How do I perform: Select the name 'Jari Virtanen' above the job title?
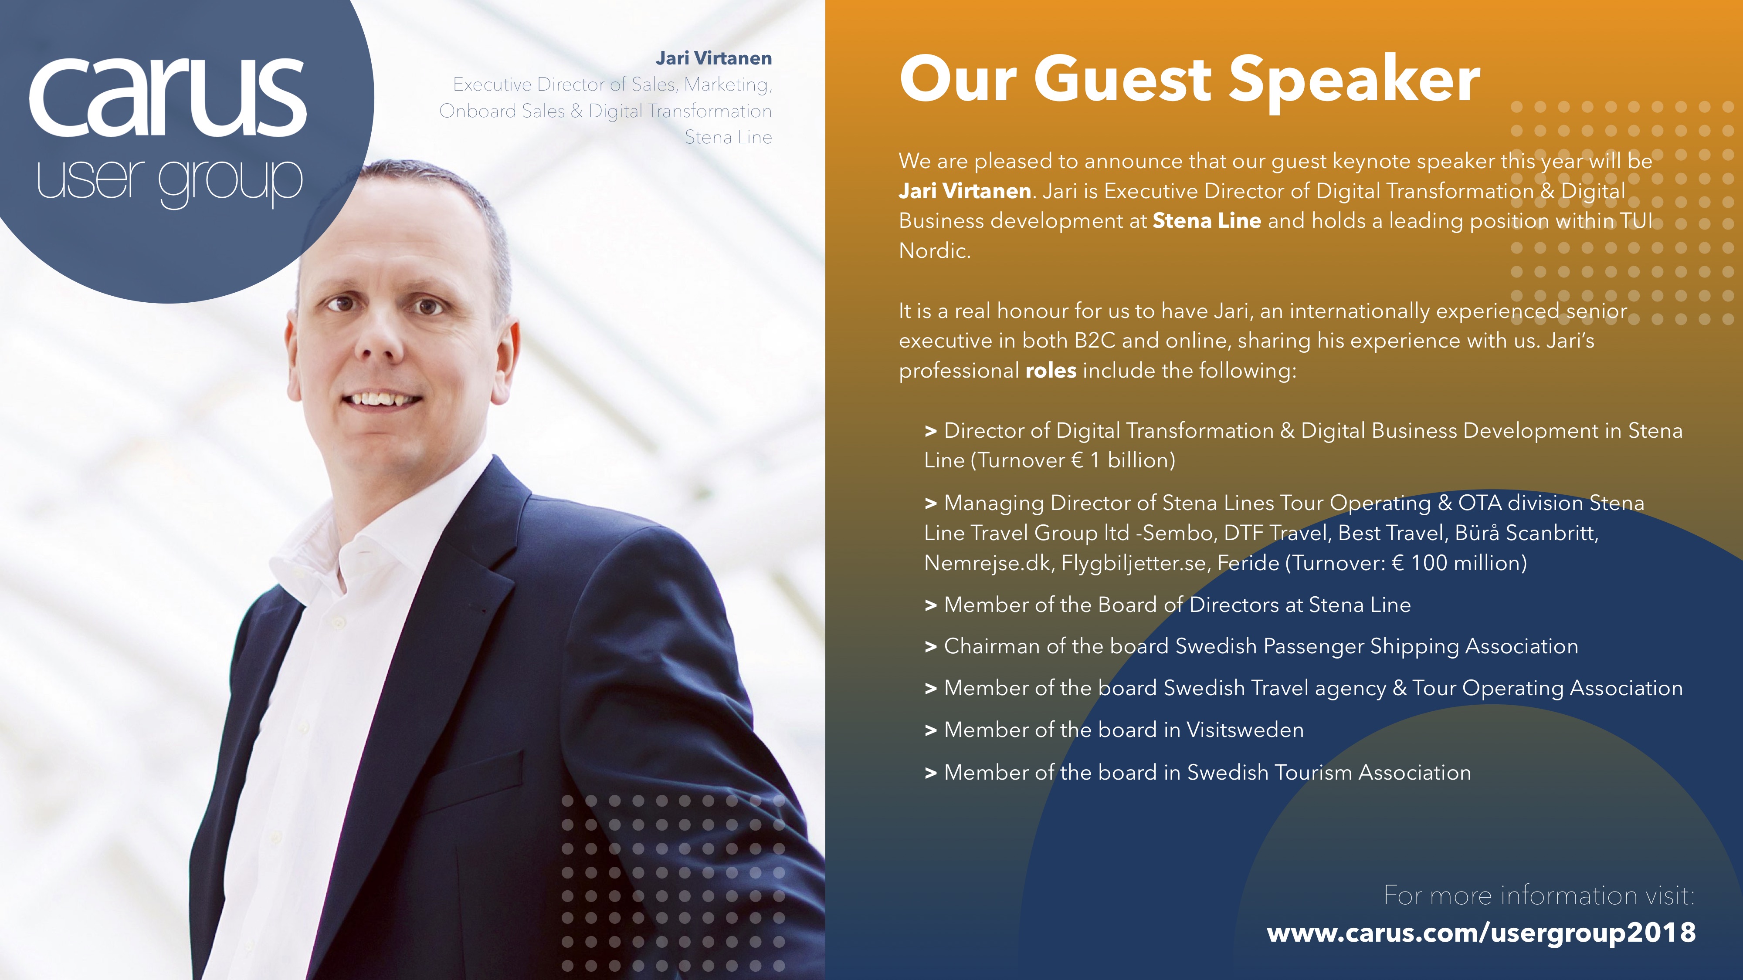pyautogui.click(x=714, y=58)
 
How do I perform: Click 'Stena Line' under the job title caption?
pyautogui.click(x=728, y=137)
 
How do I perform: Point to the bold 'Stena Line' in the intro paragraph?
pyautogui.click(x=1207, y=220)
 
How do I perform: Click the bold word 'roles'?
pyautogui.click(x=1051, y=371)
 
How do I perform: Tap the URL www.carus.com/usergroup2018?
pyautogui.click(x=1481, y=933)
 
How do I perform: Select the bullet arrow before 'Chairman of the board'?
pyautogui.click(x=931, y=647)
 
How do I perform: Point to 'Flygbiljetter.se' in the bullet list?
pyautogui.click(x=1133, y=563)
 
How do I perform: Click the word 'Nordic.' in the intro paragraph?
pyautogui.click(x=934, y=251)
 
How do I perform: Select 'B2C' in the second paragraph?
pyautogui.click(x=1095, y=340)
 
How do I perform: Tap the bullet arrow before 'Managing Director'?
pyautogui.click(x=931, y=504)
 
